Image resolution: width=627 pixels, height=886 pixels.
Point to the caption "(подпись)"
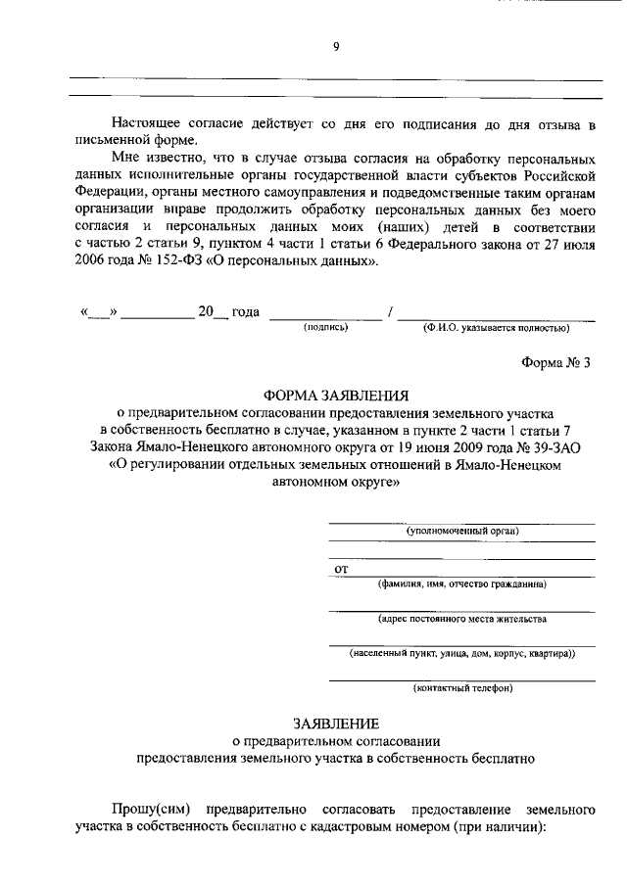(x=326, y=327)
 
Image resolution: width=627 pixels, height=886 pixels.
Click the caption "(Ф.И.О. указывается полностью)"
(x=497, y=327)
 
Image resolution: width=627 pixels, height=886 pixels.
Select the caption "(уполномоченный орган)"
(x=462, y=531)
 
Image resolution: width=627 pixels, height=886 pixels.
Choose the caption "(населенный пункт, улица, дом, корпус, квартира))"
(x=462, y=653)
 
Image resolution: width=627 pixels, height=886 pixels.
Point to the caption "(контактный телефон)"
(x=462, y=687)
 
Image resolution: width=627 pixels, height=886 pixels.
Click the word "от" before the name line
(x=341, y=568)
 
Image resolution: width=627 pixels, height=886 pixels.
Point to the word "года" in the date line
(x=245, y=311)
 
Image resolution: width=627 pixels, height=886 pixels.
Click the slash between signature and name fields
(x=391, y=311)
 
